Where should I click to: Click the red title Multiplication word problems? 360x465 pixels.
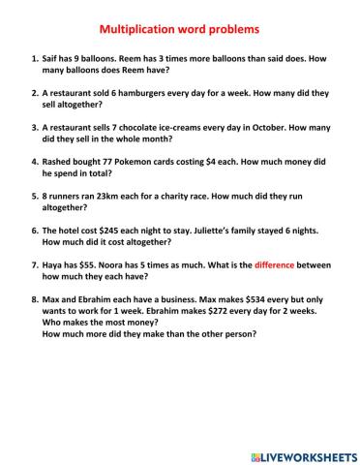coord(179,30)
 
